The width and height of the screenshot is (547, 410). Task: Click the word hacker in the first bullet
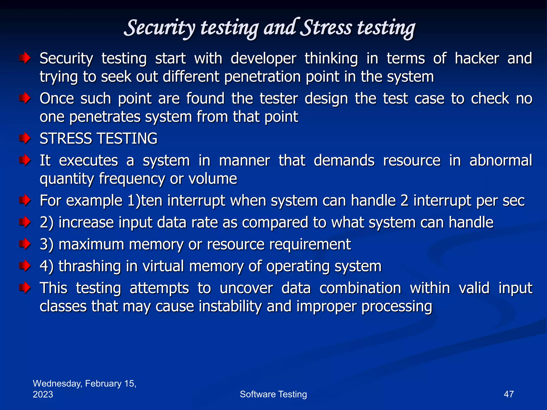click(x=477, y=58)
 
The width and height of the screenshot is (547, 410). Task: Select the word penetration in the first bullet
click(x=263, y=77)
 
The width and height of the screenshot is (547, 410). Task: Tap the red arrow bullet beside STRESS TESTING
click(x=25, y=138)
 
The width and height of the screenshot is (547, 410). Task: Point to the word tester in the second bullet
click(x=279, y=98)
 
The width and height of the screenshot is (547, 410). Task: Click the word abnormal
click(x=501, y=160)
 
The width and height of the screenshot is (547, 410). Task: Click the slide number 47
click(x=509, y=394)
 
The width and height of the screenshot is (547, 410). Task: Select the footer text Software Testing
click(x=273, y=394)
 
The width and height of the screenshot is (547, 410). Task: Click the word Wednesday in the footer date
click(x=57, y=384)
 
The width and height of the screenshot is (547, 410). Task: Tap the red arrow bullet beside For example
click(x=25, y=200)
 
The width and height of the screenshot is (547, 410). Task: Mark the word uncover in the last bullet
click(x=246, y=288)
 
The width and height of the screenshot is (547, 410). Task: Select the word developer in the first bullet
click(x=263, y=58)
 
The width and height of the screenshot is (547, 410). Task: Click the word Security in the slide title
click(x=160, y=28)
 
